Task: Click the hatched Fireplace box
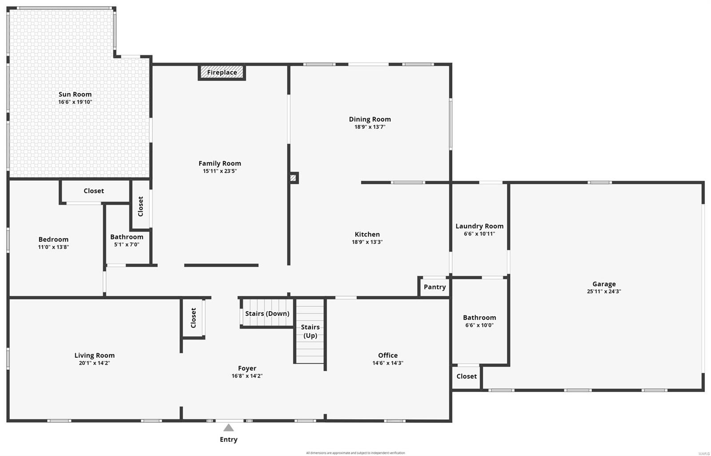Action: pos(222,72)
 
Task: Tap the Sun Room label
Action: pos(75,94)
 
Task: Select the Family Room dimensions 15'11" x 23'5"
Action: pos(220,171)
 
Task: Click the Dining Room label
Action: pos(370,119)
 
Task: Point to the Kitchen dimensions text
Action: pos(367,242)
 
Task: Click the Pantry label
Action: pos(435,287)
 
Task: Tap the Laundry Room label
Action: pos(479,226)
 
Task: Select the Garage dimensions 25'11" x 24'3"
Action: pos(603,292)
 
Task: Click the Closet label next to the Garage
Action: pos(467,376)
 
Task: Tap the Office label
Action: pos(387,356)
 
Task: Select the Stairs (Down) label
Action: pos(267,314)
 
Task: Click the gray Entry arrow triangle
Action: pos(228,428)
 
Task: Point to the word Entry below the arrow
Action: pos(228,440)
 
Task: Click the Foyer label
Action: pos(247,368)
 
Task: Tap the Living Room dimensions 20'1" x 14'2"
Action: pos(94,363)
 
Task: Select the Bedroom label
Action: pos(53,240)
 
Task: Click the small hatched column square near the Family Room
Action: pos(293,178)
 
